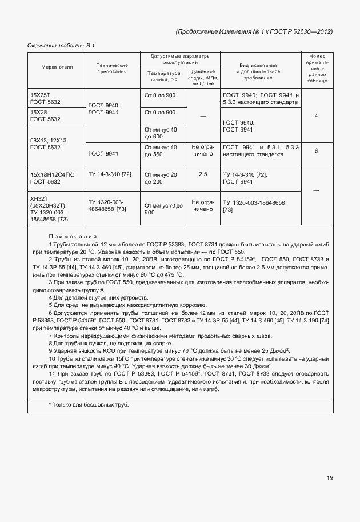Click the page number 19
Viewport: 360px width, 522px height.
(330, 478)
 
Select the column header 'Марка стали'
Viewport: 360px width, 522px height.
(57, 67)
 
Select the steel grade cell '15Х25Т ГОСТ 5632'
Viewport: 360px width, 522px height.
(46, 98)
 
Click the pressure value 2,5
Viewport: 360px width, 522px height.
(202, 173)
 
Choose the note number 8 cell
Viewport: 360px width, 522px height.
(316, 151)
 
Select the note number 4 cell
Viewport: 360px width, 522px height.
(316, 116)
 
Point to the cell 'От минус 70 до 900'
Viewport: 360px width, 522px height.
(163, 208)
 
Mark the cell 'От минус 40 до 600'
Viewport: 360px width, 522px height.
(161, 133)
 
